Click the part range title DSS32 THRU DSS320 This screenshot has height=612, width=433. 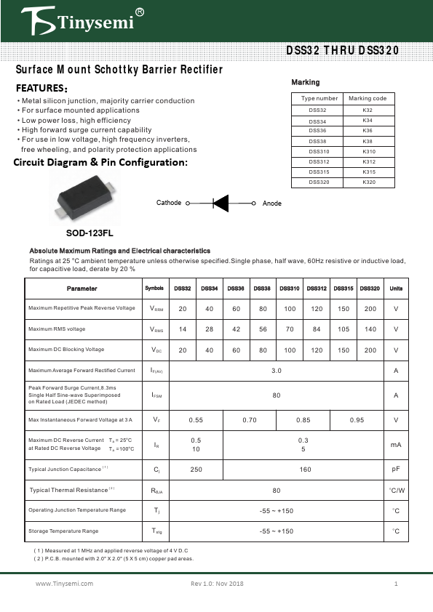click(x=341, y=51)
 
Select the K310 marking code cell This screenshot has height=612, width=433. click(x=368, y=151)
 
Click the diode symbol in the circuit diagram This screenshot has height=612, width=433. click(x=221, y=204)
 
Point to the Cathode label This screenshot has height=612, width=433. click(x=169, y=203)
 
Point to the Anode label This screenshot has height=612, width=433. click(x=271, y=204)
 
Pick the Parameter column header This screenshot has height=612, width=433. click(x=82, y=289)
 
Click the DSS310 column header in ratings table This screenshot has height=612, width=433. click(x=289, y=289)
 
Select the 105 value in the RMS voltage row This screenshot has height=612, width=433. click(x=343, y=329)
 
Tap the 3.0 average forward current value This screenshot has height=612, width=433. click(x=277, y=371)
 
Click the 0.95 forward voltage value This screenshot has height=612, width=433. click(x=357, y=420)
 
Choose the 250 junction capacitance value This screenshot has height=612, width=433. click(x=196, y=470)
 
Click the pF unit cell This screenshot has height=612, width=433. click(x=396, y=470)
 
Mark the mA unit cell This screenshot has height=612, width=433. click(x=396, y=445)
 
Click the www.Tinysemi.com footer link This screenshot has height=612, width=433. click(x=65, y=584)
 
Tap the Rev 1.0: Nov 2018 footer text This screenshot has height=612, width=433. click(x=217, y=584)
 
